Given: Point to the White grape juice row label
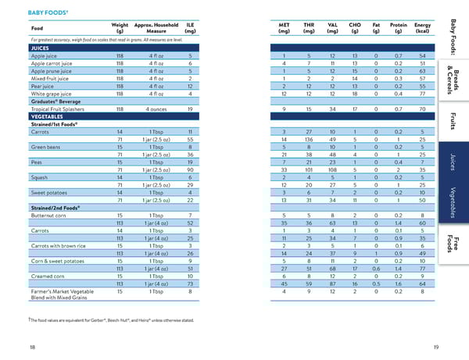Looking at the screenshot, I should [x=52, y=93].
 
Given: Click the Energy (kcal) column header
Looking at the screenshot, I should [x=422, y=27].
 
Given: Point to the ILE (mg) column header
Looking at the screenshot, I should [x=191, y=27].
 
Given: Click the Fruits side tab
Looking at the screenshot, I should [x=454, y=121].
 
